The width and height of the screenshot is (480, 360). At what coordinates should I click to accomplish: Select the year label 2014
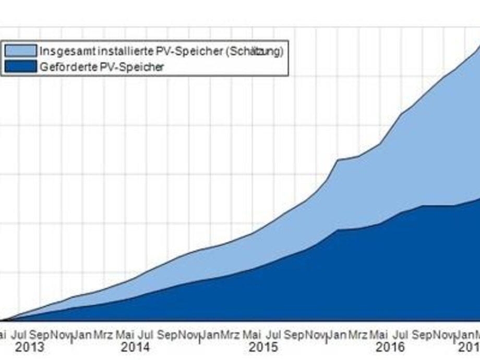[136, 347]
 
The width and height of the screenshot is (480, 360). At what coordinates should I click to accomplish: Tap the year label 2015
[263, 347]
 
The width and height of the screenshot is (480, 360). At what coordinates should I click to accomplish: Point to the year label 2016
[391, 347]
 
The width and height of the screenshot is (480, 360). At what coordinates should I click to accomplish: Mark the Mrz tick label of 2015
[230, 334]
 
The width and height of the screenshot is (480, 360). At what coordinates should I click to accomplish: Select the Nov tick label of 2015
[317, 334]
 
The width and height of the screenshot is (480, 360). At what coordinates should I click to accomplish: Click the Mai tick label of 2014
[125, 334]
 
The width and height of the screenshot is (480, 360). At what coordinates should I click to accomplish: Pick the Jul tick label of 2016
[401, 334]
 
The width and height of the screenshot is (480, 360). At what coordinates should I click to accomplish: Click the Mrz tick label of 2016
[357, 334]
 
